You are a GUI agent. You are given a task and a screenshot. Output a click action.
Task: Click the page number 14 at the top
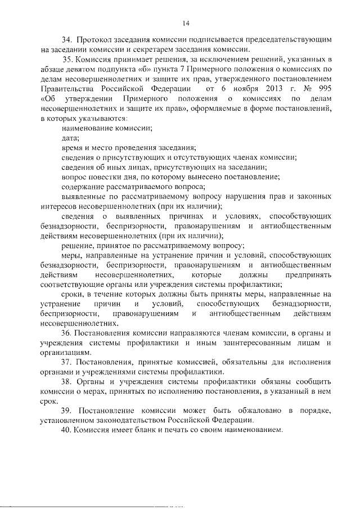186,22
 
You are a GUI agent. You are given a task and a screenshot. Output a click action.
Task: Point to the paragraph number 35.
68,60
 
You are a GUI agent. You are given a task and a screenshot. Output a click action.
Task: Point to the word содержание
85,187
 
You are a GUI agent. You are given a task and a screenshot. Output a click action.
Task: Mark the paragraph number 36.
68,334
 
